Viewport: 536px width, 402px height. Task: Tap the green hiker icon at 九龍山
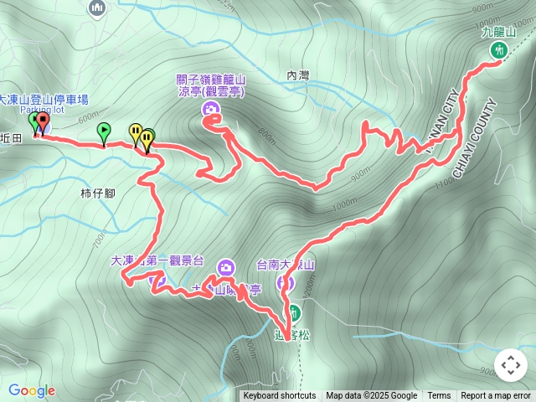(499, 50)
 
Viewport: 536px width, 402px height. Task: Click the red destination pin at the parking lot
(42, 122)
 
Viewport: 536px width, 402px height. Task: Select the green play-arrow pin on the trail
(103, 131)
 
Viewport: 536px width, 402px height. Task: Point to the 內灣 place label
(297, 75)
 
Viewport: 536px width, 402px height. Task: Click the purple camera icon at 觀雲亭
(209, 110)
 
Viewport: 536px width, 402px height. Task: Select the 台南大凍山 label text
(286, 265)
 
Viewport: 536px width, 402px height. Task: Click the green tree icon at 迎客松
(294, 313)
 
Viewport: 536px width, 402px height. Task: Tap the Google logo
(32, 390)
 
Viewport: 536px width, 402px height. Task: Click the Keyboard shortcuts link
(280, 396)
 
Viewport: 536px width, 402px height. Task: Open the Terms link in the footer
(439, 396)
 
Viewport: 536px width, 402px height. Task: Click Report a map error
(496, 396)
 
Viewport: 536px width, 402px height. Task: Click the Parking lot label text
(42, 110)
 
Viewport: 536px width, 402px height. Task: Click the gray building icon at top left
(97, 8)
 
